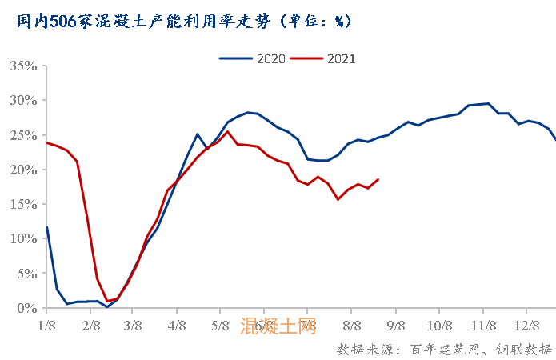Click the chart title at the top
point(183,22)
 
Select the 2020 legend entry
point(249,58)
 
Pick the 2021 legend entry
point(324,58)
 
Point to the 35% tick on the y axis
point(23,66)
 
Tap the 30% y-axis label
point(23,100)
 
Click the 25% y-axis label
point(23,134)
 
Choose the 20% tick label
point(23,170)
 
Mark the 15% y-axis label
point(23,204)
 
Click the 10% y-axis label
point(23,238)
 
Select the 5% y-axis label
point(26,273)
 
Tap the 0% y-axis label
point(26,308)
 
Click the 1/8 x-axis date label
point(46,326)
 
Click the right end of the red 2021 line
point(378,179)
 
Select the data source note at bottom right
point(444,350)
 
